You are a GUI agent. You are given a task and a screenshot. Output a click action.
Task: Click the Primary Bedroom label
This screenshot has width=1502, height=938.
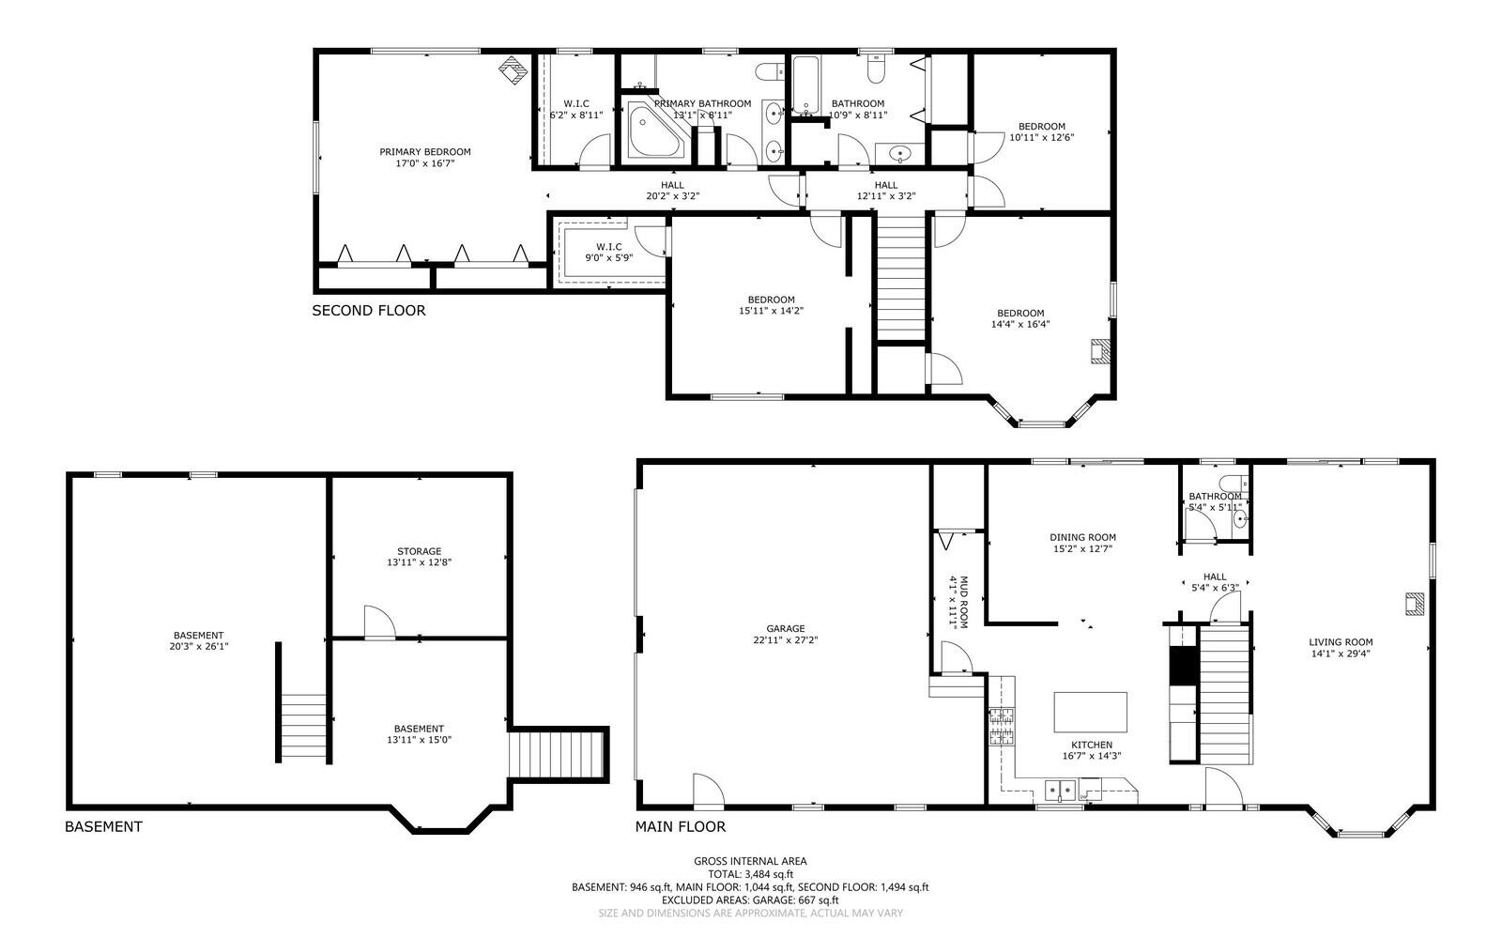point(424,152)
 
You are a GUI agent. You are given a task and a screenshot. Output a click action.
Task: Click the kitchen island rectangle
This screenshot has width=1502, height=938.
point(1090,712)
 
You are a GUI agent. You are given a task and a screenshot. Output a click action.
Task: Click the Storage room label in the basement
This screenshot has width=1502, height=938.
point(419,551)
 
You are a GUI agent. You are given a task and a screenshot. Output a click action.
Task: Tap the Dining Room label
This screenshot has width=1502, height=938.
point(1082,537)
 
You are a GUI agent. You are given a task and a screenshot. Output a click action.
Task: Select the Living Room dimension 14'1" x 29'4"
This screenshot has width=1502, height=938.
point(1340,654)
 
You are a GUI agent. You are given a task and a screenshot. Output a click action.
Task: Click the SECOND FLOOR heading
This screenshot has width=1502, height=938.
point(368,310)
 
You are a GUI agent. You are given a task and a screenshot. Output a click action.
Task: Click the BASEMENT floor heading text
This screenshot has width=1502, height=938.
point(103,826)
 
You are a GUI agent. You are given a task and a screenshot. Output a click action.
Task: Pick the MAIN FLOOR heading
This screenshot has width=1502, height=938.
point(680,826)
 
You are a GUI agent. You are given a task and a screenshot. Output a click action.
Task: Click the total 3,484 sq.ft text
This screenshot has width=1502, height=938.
point(750,873)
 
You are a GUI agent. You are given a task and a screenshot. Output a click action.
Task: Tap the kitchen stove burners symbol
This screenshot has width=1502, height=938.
point(1001,727)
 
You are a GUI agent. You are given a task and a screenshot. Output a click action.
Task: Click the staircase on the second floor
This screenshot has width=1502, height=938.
point(901,277)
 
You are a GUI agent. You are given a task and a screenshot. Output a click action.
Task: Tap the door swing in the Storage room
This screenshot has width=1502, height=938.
point(377,623)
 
